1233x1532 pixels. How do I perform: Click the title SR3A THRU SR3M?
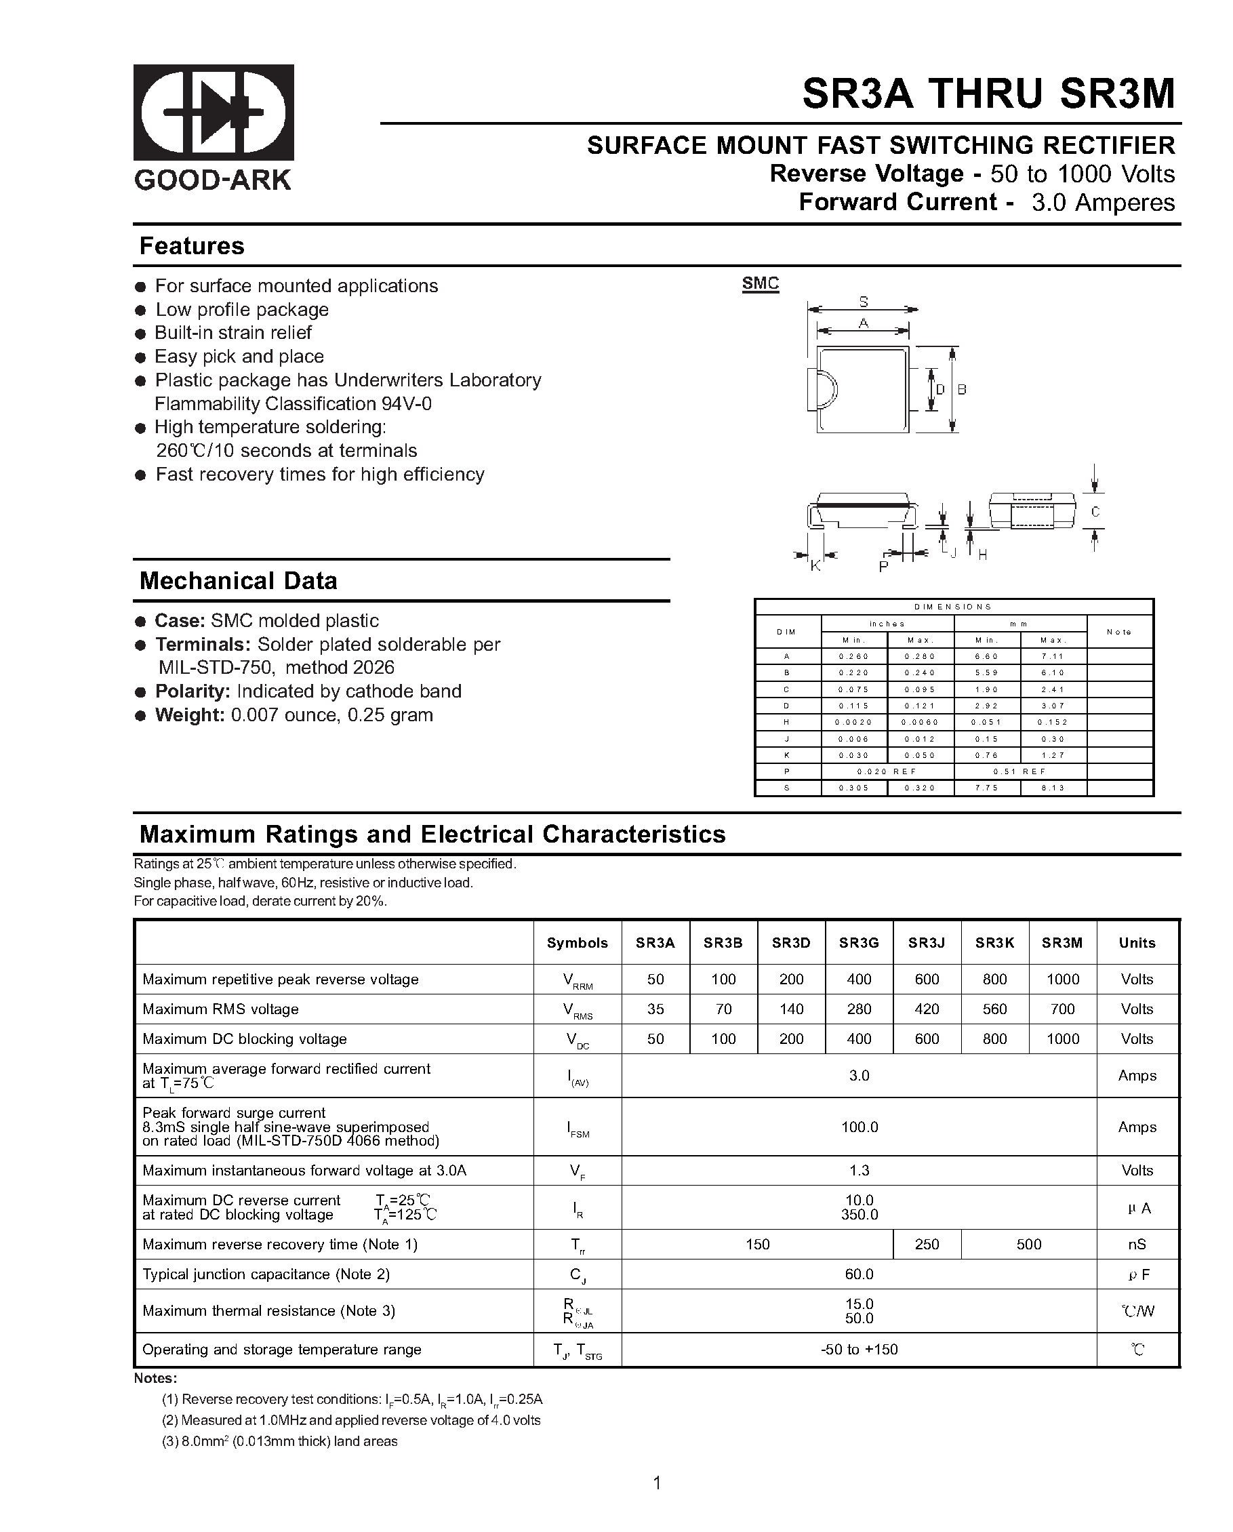(x=988, y=93)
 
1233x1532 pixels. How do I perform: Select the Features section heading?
(x=192, y=246)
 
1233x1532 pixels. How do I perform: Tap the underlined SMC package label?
(x=761, y=283)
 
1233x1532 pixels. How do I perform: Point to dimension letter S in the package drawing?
(x=864, y=301)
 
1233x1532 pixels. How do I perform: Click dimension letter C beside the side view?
(x=1095, y=512)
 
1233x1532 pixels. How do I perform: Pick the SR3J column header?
(x=927, y=943)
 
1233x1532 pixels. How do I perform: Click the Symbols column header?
(x=577, y=943)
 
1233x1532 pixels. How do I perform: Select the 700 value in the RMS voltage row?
(x=1062, y=1009)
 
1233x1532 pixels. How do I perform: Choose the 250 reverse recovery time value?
(x=927, y=1244)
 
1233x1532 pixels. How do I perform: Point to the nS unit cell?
(x=1137, y=1244)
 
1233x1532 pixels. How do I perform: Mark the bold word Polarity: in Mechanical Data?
(x=193, y=691)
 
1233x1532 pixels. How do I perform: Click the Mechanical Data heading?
(x=238, y=580)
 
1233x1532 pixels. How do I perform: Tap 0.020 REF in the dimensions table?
(x=887, y=771)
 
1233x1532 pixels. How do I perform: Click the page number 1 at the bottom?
(x=657, y=1483)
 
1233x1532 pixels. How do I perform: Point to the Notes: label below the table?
(x=155, y=1379)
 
